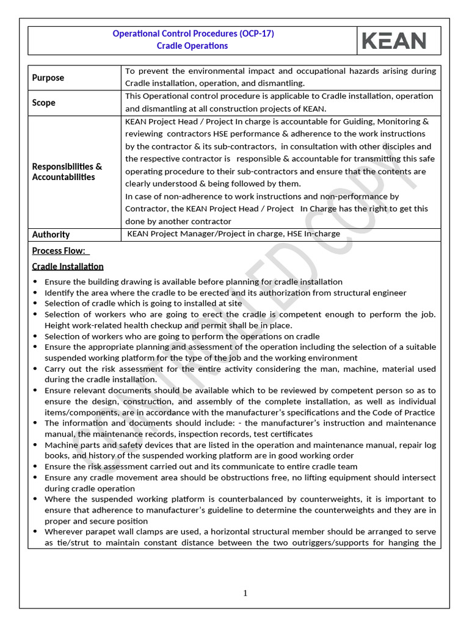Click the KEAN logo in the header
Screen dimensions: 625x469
point(394,40)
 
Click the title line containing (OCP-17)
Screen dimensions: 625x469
point(193,34)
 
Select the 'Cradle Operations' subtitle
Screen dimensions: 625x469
point(192,46)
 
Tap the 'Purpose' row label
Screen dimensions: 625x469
point(48,78)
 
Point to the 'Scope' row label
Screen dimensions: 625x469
point(44,103)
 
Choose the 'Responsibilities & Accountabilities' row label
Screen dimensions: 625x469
point(67,172)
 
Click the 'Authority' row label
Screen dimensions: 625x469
point(51,234)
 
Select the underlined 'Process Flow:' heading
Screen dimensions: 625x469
point(60,251)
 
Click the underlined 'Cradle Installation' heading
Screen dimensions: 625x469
point(68,266)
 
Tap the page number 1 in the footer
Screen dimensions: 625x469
point(245,593)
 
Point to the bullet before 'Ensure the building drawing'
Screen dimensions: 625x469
point(35,282)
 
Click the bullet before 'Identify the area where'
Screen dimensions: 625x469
point(35,293)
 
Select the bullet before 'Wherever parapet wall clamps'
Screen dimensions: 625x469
point(35,532)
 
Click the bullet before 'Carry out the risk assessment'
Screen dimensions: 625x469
point(35,369)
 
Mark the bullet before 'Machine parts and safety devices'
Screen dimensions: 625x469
point(35,445)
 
